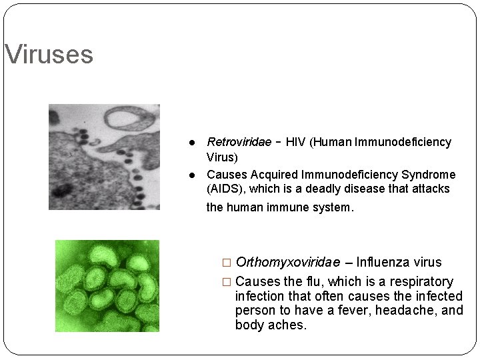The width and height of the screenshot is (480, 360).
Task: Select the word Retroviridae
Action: tap(239, 142)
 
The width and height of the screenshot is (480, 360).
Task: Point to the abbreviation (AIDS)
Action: tap(227, 189)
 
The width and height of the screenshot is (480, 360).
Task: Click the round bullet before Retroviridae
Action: tap(191, 143)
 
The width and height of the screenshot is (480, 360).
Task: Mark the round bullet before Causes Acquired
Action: tap(191, 175)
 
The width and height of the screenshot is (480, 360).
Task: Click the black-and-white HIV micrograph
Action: tap(104, 157)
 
